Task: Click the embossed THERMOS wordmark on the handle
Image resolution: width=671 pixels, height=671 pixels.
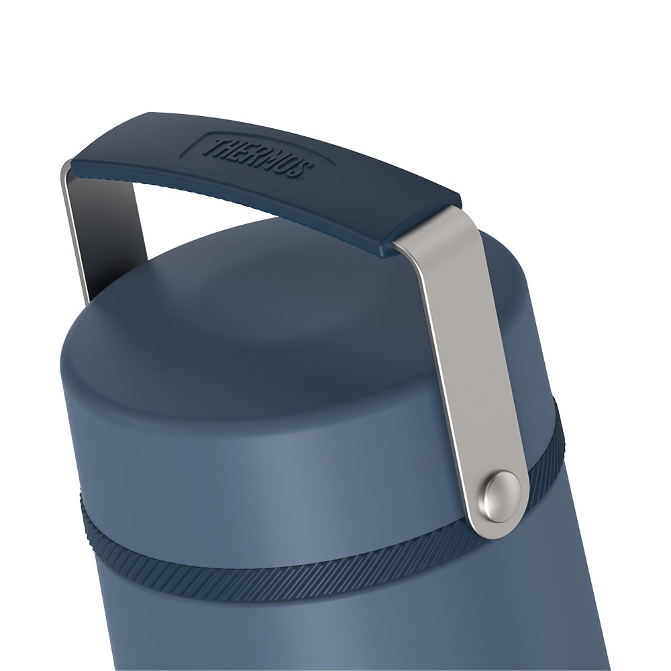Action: click(x=258, y=157)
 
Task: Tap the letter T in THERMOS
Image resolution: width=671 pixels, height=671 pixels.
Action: click(x=213, y=146)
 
